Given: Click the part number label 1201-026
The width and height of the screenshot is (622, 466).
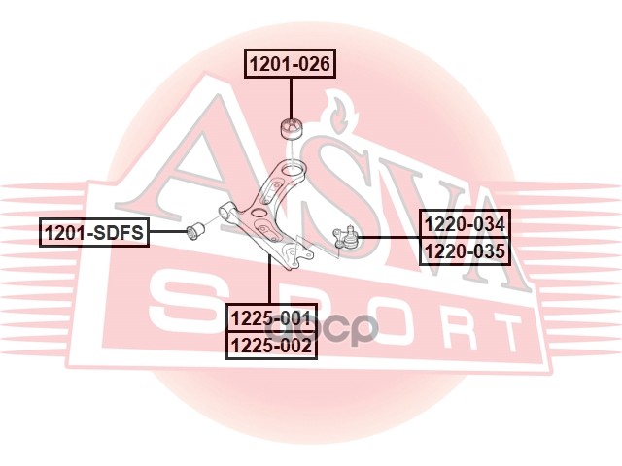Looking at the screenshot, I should pyautogui.click(x=291, y=65).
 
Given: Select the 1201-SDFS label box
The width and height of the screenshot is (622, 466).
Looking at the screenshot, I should pyautogui.click(x=93, y=232).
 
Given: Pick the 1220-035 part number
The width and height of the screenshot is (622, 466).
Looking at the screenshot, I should pyautogui.click(x=465, y=252).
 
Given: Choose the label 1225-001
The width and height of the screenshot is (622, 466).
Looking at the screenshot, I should pyautogui.click(x=271, y=317).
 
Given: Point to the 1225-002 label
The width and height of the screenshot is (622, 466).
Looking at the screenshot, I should pyautogui.click(x=271, y=344).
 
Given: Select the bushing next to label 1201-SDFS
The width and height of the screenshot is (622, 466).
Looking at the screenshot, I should pyautogui.click(x=193, y=231).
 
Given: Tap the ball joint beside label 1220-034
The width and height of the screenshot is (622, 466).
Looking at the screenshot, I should pyautogui.click(x=345, y=236).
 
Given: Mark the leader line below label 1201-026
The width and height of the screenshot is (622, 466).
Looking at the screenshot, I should pyautogui.click(x=291, y=97).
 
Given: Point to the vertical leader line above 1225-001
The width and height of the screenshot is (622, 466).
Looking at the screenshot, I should pyautogui.click(x=270, y=282).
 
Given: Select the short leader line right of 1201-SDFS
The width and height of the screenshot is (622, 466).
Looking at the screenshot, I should pyautogui.click(x=166, y=232).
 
